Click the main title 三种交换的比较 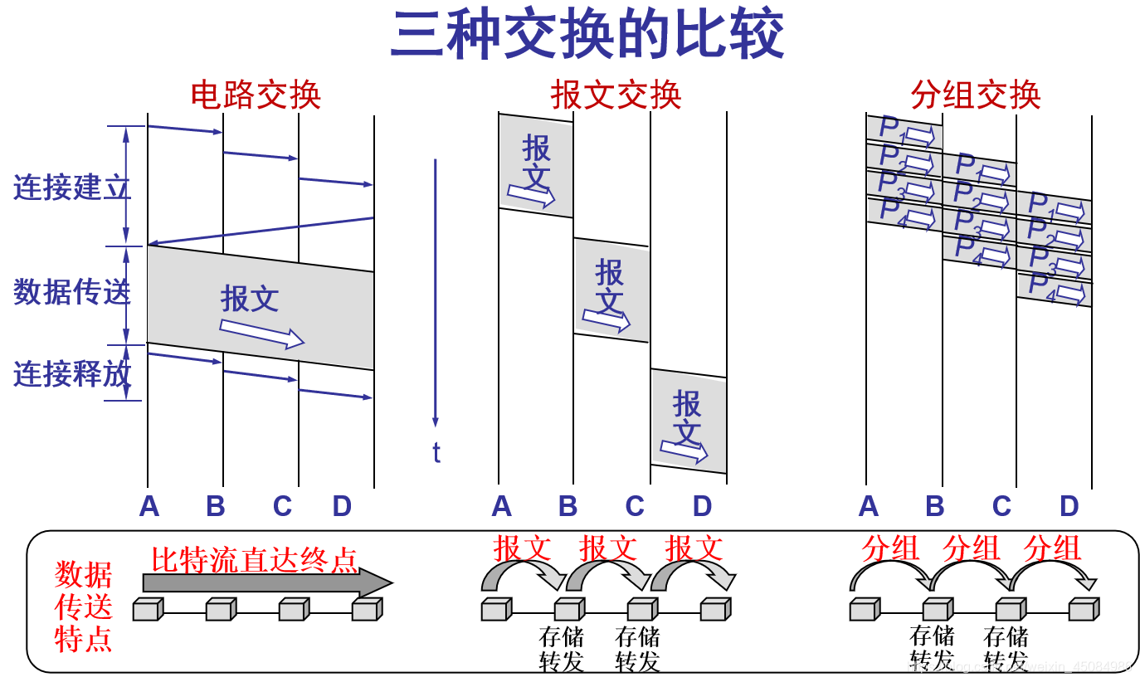click(x=587, y=35)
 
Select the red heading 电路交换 click(x=256, y=95)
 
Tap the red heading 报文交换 click(x=616, y=95)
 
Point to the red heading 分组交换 click(x=975, y=95)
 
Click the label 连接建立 click(x=72, y=188)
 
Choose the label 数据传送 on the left click(x=72, y=291)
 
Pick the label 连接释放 click(x=72, y=374)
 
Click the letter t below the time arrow click(x=436, y=452)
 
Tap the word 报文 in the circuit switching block click(x=250, y=299)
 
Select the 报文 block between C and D click(x=689, y=421)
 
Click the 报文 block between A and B click(x=536, y=166)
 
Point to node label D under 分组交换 click(x=1069, y=505)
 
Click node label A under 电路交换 click(x=149, y=505)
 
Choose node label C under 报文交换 click(x=635, y=505)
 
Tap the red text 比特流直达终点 click(x=254, y=560)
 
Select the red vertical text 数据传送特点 click(x=83, y=607)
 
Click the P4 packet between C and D click(x=1055, y=289)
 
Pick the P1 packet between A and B click(x=904, y=131)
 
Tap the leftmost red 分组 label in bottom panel click(x=890, y=548)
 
